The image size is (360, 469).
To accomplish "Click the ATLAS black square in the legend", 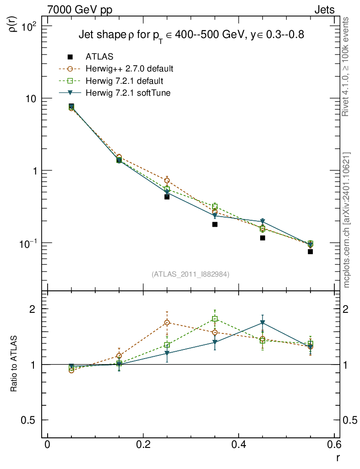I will point(70,57).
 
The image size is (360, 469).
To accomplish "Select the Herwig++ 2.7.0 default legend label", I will point(129,69).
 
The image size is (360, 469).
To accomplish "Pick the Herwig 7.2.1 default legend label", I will point(125,81).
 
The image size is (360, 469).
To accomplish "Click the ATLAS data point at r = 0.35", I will point(215,224).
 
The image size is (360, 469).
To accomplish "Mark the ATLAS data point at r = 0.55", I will point(310,251).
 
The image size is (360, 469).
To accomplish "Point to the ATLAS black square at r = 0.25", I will point(167,197).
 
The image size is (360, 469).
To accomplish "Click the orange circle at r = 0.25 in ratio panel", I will point(167,322).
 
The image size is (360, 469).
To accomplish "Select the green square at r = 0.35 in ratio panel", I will point(215,319).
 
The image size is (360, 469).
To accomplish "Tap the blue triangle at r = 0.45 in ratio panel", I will point(262,323).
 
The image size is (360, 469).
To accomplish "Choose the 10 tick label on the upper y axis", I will point(32,99).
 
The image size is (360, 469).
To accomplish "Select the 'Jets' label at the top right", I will point(324,10).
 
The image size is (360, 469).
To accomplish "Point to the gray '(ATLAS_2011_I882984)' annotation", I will point(191,274).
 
